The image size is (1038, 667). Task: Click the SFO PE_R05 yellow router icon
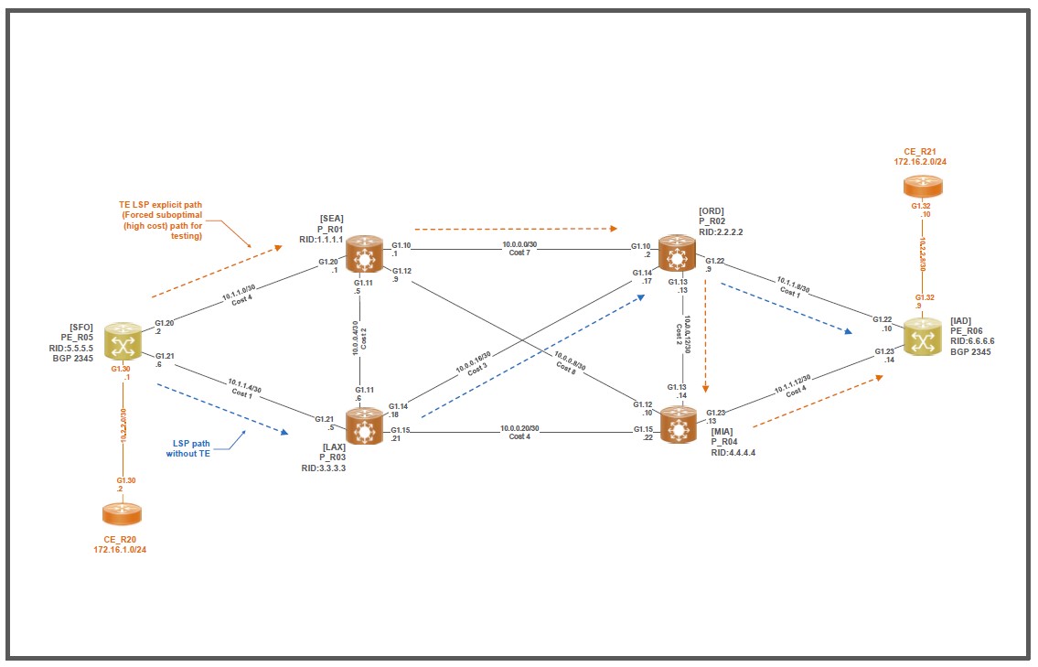tap(122, 340)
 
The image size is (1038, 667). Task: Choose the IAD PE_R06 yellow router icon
tap(922, 338)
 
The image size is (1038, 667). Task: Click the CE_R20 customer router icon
tap(122, 514)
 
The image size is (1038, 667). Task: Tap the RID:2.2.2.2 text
tap(721, 232)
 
